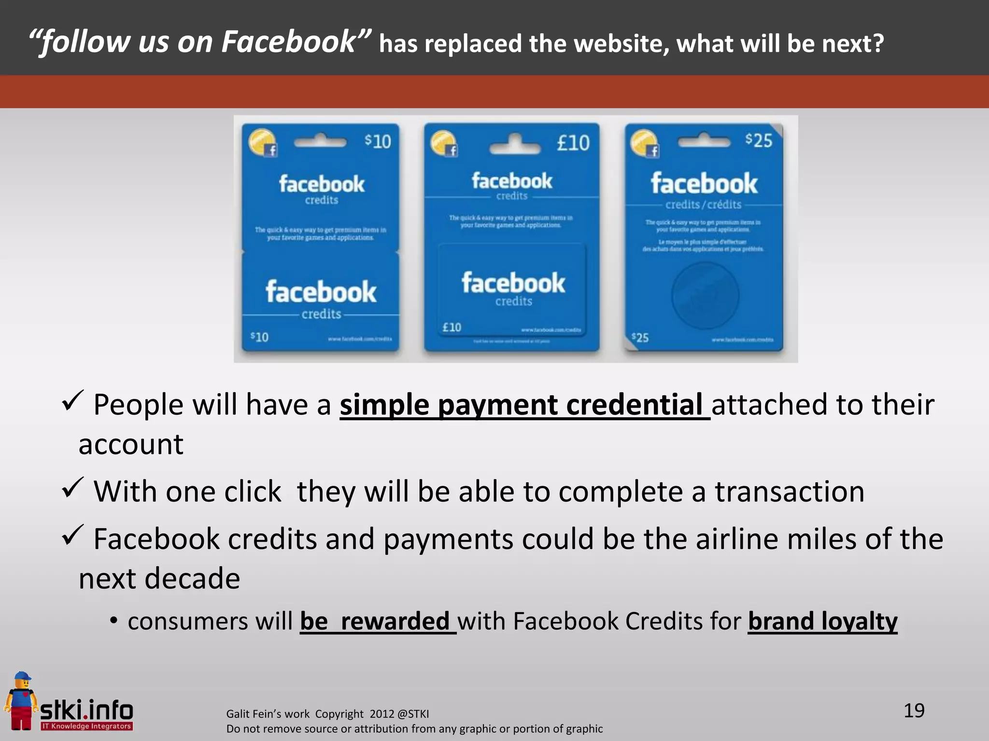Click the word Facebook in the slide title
tap(288, 42)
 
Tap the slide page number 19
tap(914, 711)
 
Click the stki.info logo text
tap(86, 711)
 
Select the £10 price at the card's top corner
tap(573, 143)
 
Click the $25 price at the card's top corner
tap(759, 140)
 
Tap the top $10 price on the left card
tap(378, 141)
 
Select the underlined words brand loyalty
tap(822, 621)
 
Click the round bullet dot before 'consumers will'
tap(113, 621)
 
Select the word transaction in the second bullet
tap(789, 492)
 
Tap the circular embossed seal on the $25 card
tap(705, 295)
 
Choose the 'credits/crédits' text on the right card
tap(703, 205)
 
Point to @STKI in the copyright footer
tap(413, 714)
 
